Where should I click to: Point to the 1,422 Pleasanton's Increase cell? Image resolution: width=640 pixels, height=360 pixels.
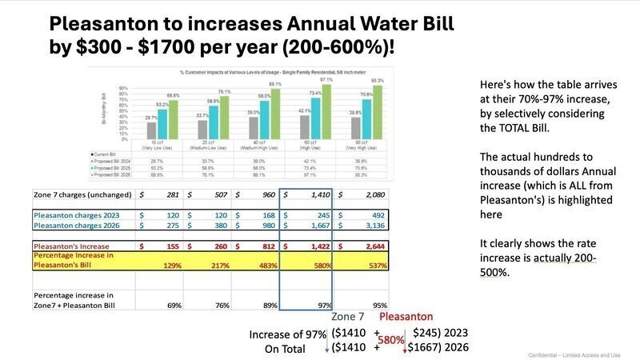coord(309,246)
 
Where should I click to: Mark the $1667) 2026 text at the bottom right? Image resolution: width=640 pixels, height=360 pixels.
coord(437,348)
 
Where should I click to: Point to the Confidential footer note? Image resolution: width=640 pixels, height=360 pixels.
coord(574,354)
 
